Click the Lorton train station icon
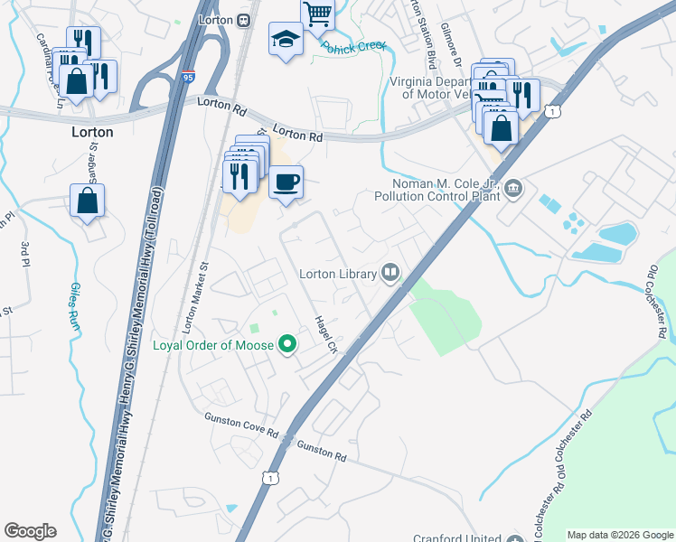243,21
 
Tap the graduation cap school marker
286,40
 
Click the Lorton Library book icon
390,271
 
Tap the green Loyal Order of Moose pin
287,344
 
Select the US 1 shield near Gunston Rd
268,477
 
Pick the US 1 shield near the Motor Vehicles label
556,110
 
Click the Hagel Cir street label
324,334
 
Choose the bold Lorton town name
92,132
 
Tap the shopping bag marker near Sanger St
87,201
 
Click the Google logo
30,531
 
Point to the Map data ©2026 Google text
620,535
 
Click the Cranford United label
454,535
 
